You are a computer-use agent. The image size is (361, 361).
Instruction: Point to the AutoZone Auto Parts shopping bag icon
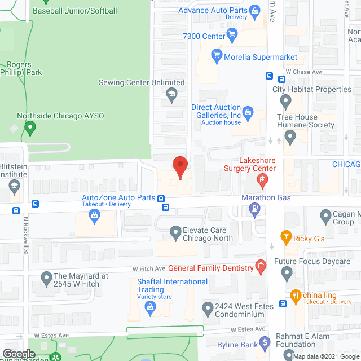[x=95, y=214]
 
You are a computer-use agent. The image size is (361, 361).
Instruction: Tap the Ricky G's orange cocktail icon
[x=286, y=238]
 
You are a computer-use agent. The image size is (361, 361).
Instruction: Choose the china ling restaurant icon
[x=294, y=295]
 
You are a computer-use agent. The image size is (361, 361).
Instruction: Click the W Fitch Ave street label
[x=149, y=268]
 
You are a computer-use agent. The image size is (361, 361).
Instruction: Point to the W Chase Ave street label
[x=303, y=72]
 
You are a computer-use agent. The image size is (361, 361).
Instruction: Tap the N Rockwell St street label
[x=25, y=236]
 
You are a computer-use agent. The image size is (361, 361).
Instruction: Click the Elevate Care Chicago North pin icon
[x=175, y=232]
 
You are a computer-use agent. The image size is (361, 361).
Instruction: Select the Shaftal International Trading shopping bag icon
[x=150, y=307]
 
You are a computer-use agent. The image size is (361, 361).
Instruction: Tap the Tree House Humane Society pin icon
[x=290, y=136]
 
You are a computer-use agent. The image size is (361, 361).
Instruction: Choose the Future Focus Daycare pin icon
[x=287, y=274]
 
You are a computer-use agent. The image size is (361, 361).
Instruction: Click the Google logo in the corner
[x=19, y=354]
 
